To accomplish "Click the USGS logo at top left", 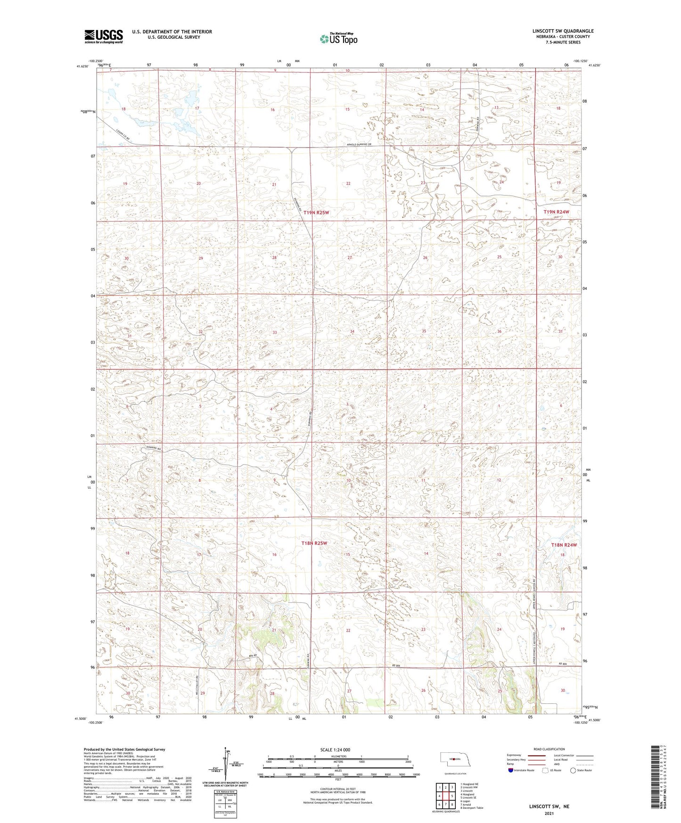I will point(104,36).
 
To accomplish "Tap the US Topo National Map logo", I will point(338,39).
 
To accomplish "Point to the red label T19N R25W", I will point(316,213).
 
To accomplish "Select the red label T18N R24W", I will point(564,545).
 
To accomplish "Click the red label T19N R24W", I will point(556,212).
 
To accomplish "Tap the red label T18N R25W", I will point(314,543).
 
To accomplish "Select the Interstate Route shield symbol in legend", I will point(511,770).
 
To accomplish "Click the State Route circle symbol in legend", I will point(573,770).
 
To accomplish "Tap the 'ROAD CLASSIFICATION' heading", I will point(549,749).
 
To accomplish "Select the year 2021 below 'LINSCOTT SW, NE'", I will point(549,813).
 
